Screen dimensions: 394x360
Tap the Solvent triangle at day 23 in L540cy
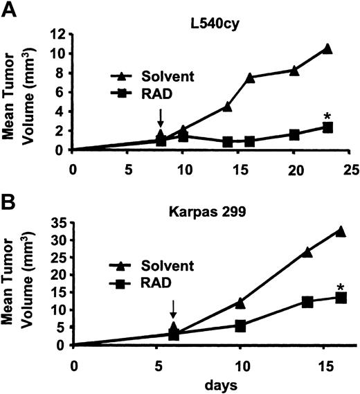pyautogui.click(x=327, y=48)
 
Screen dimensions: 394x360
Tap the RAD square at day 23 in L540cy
pyautogui.click(x=327, y=127)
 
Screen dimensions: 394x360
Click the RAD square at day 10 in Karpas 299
pyautogui.click(x=240, y=325)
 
